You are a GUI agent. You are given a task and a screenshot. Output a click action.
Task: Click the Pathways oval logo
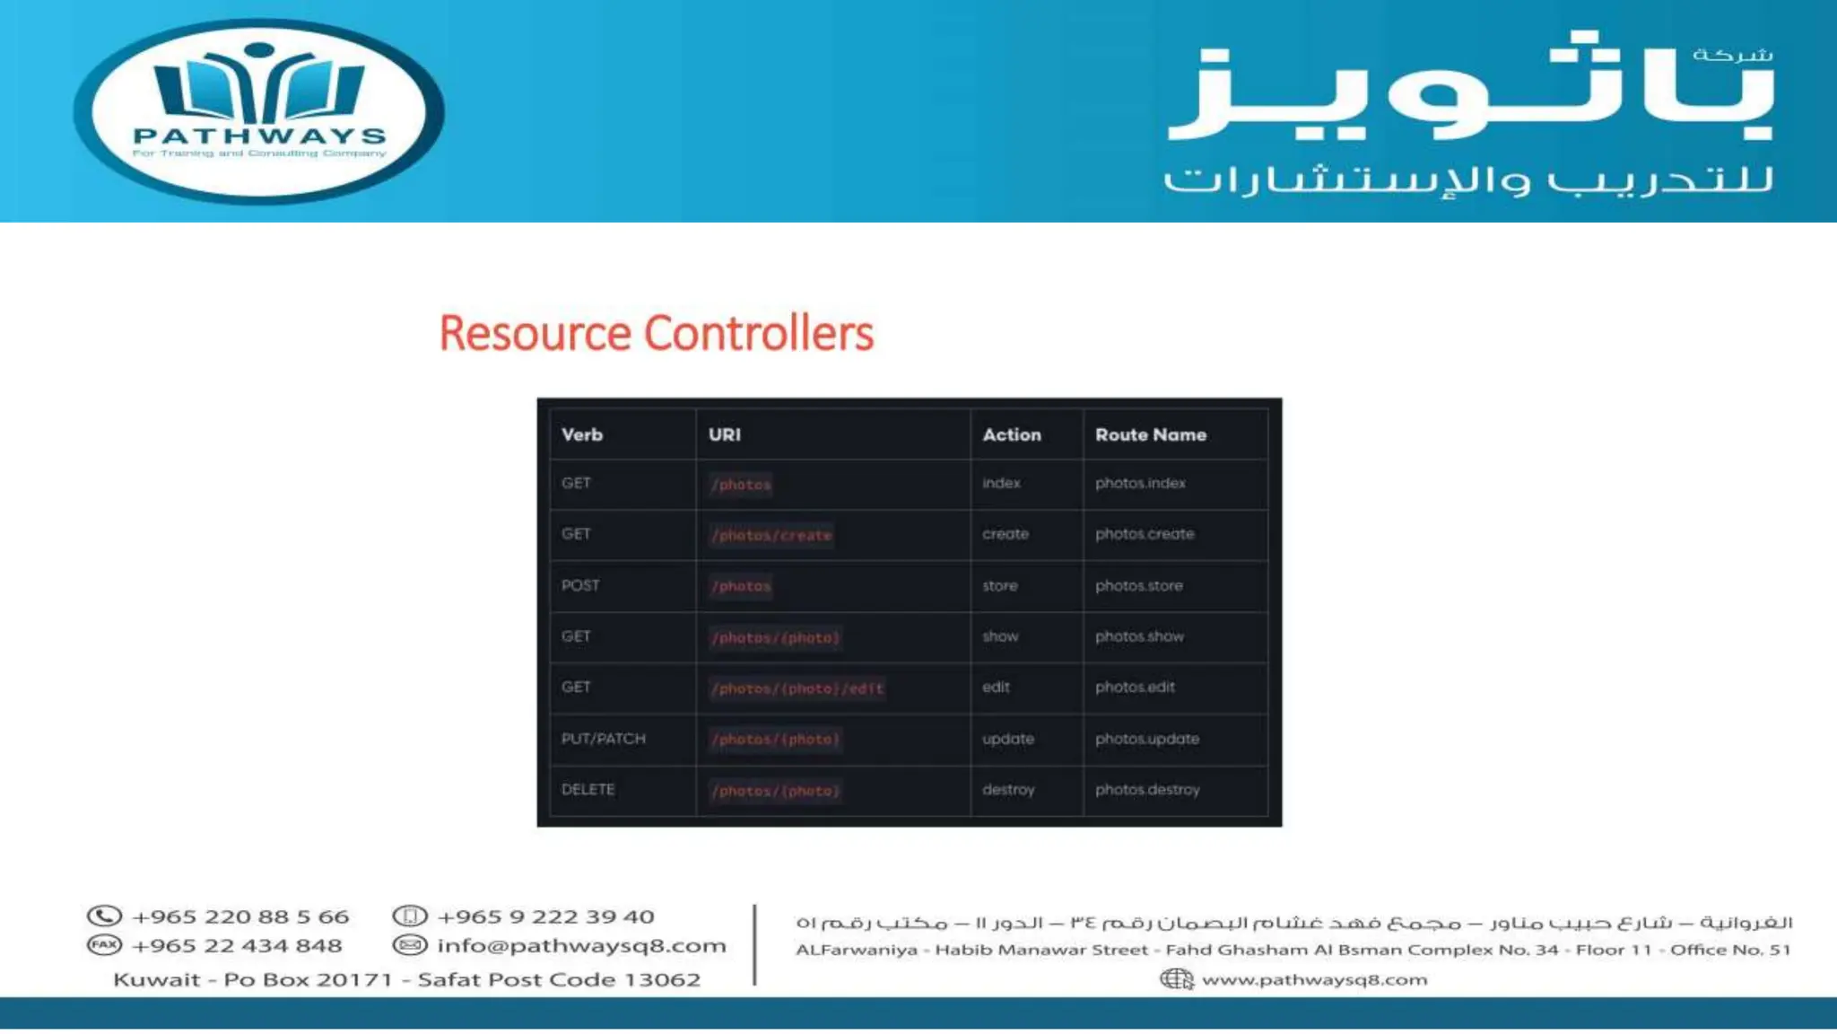point(258,111)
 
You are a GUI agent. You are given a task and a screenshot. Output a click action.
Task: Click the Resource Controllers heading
point(656,333)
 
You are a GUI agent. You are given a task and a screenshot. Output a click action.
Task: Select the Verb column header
point(582,434)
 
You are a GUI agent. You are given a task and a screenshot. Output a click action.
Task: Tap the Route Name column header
point(1150,434)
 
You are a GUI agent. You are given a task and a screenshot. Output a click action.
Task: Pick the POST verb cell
point(580,585)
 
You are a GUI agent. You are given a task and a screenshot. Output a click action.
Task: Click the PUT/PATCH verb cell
point(603,739)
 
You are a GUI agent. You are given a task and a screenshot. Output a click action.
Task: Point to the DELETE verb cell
point(588,790)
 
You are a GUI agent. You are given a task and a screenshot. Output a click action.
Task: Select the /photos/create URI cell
point(771,535)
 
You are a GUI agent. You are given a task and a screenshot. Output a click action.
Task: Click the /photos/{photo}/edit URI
point(797,688)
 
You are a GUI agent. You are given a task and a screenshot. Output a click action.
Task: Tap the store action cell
point(999,586)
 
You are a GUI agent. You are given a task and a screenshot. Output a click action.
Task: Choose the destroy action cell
point(1008,790)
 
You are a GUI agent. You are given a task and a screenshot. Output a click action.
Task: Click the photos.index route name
point(1140,483)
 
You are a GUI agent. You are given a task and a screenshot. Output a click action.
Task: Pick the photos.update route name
point(1146,739)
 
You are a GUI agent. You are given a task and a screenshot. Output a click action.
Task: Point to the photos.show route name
point(1139,636)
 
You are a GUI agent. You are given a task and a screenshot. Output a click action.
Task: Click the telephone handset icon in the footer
point(104,916)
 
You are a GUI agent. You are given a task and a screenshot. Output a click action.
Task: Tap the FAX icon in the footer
point(104,945)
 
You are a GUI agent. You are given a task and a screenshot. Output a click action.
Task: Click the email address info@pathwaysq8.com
point(581,945)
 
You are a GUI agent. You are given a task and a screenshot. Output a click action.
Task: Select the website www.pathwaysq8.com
point(1314,979)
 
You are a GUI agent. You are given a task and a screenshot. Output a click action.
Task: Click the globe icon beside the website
point(1176,979)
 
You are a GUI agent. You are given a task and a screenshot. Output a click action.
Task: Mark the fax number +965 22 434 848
point(237,945)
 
